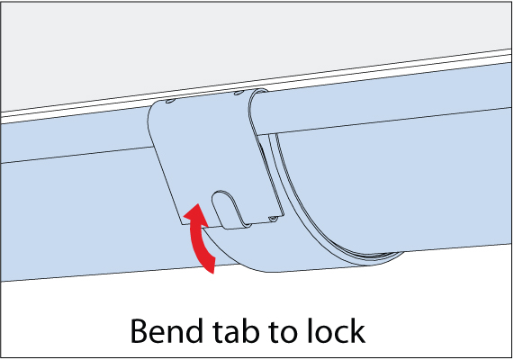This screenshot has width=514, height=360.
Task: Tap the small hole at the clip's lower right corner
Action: coord(273,219)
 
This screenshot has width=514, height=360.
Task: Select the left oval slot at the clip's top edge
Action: coord(170,102)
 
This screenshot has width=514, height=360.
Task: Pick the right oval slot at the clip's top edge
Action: coord(239,94)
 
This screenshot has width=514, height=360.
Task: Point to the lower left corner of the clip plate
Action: coord(182,225)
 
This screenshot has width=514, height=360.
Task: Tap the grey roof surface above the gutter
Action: coord(230,46)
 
